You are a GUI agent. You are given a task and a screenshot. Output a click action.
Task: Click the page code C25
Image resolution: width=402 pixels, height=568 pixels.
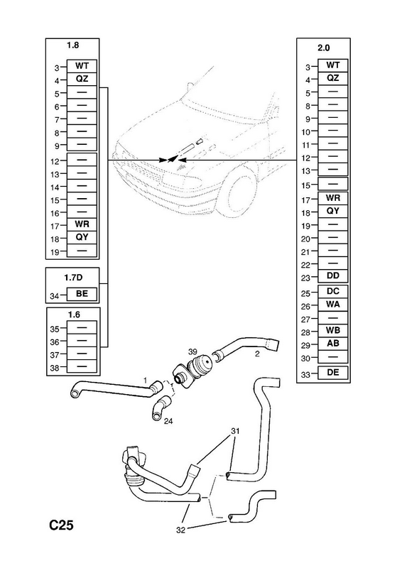pos(61,525)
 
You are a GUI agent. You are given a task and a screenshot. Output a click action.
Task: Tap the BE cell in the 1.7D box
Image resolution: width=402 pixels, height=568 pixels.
pos(82,294)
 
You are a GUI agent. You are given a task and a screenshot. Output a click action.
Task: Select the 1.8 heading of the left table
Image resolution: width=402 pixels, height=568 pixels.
pos(72,45)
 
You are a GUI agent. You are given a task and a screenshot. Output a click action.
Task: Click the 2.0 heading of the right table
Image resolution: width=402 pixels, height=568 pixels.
pos(323,48)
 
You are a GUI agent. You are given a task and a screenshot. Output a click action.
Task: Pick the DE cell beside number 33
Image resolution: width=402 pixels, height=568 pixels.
pos(333,372)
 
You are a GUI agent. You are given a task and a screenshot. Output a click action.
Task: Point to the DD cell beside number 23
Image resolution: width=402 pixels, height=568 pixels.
pos(333,276)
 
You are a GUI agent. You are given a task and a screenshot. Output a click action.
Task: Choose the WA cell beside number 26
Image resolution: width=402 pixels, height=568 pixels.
pos(333,305)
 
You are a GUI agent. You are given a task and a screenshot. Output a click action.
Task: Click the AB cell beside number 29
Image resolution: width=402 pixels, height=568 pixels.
pos(333,344)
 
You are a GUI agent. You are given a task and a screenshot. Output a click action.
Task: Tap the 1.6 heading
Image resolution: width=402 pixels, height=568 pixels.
pos(74,315)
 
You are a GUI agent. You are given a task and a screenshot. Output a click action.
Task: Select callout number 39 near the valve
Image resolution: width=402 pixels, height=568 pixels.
pos(192,351)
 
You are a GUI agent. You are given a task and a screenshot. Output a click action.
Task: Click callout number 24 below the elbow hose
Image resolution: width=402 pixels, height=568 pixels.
pos(168,421)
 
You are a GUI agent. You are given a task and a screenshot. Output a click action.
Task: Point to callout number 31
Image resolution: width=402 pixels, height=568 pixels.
pos(235,431)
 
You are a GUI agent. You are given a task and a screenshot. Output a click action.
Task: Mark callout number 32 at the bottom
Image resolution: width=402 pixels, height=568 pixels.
pos(180,530)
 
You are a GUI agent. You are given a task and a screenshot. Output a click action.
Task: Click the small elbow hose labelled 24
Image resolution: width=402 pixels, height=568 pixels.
pos(161,408)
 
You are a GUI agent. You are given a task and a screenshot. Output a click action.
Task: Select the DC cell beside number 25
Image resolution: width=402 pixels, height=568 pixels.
pos(333,291)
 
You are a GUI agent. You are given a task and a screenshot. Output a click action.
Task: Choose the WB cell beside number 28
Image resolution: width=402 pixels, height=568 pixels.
pos(333,330)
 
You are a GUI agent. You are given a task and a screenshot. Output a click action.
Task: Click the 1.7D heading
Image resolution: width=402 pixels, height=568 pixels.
pos(73,278)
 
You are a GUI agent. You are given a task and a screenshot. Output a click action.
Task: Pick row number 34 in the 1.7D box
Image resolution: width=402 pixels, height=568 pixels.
pos(55,296)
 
